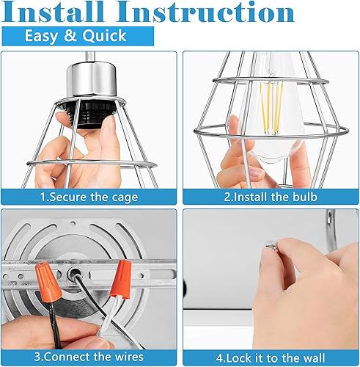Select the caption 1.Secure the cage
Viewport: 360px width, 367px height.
tap(90, 197)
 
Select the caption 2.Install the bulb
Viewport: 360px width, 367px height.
tap(270, 197)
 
